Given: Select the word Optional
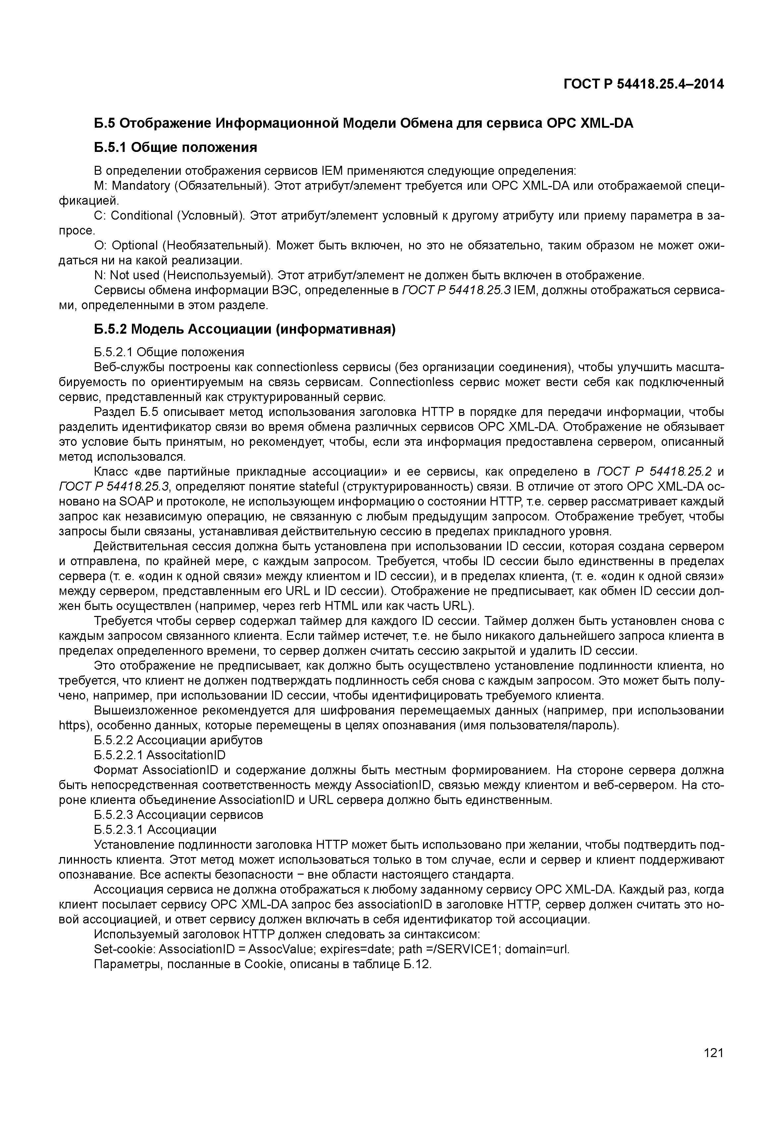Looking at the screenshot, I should (x=135, y=245).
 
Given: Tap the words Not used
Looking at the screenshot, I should (x=135, y=275).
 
